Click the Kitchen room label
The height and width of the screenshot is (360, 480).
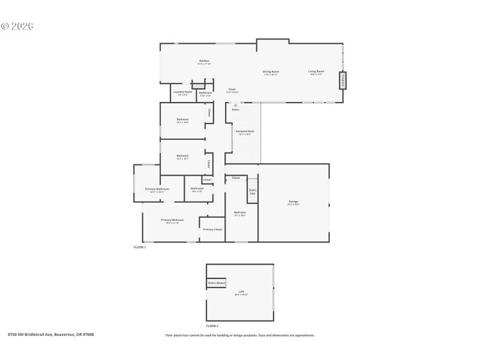[x=205, y=61]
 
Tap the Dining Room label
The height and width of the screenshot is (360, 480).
[x=271, y=72]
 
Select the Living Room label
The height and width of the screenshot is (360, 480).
[x=316, y=72]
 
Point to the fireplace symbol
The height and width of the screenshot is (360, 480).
[x=343, y=80]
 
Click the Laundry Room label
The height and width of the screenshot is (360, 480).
[x=183, y=92]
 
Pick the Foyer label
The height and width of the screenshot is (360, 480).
[x=232, y=89]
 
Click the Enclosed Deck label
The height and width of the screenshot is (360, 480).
[x=245, y=131]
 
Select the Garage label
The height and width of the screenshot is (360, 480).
[x=293, y=202]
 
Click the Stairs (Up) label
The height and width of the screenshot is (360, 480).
[x=253, y=192]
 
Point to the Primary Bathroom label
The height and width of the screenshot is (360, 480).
[x=157, y=189]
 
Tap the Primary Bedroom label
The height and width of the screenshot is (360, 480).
[x=173, y=220]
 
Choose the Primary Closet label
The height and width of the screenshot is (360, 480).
[x=212, y=229]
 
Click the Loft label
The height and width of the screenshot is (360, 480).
[x=241, y=292]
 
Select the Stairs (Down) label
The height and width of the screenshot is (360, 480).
[x=217, y=283]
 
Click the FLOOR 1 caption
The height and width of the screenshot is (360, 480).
[x=140, y=247]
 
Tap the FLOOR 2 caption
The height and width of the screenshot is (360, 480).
[x=212, y=326]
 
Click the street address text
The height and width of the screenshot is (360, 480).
[x=51, y=335]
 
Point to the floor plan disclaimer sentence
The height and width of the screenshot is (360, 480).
[x=239, y=335]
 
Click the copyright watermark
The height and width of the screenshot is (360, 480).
[x=17, y=26]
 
